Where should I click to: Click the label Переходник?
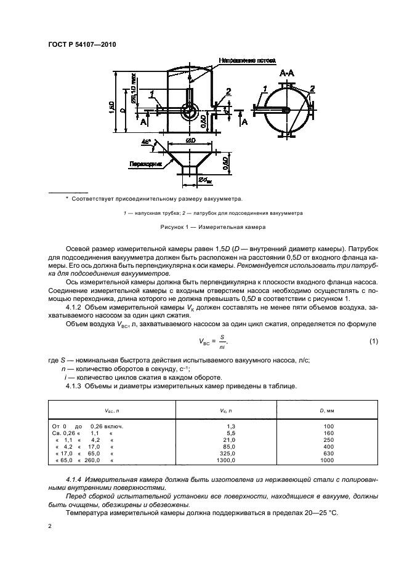click(146, 164)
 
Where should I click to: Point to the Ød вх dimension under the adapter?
click(205, 181)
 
